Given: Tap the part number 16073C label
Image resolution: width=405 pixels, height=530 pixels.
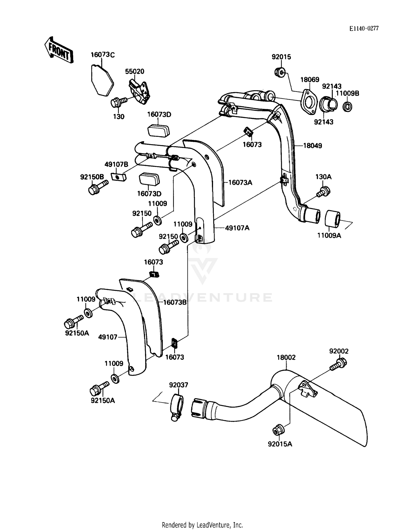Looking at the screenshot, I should click(x=102, y=55).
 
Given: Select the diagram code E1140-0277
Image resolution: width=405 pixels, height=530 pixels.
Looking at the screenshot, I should click(x=364, y=28).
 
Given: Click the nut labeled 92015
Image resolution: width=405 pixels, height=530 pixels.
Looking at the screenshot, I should click(x=280, y=72).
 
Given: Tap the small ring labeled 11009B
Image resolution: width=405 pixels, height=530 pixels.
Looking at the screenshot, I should click(x=347, y=106).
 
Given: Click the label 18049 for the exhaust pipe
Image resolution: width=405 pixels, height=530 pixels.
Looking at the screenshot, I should click(x=312, y=146).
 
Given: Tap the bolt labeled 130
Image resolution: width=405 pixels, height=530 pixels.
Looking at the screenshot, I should click(x=118, y=102).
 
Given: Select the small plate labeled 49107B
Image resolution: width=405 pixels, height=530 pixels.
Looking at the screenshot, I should click(x=119, y=177).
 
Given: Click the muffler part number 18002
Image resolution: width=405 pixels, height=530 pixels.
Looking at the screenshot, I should click(x=286, y=357).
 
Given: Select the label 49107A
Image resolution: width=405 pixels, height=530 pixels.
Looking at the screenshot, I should click(x=237, y=228).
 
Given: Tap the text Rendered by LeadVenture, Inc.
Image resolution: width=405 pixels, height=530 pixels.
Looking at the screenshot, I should click(x=202, y=525).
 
